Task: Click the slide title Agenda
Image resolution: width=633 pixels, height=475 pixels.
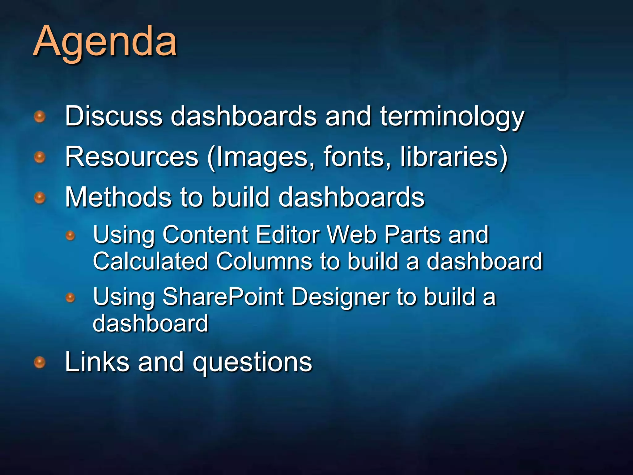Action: click(105, 42)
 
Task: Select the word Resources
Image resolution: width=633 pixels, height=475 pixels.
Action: click(131, 157)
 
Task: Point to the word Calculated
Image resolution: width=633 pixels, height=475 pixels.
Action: click(150, 261)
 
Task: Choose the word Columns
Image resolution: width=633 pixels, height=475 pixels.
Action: click(264, 261)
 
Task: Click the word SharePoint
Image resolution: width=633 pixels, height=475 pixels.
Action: click(223, 297)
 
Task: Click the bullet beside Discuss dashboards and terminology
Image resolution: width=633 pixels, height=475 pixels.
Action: click(40, 117)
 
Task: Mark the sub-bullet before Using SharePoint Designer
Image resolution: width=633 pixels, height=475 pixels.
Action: click(70, 297)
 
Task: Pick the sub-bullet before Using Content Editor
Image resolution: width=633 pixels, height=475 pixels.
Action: click(70, 236)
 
